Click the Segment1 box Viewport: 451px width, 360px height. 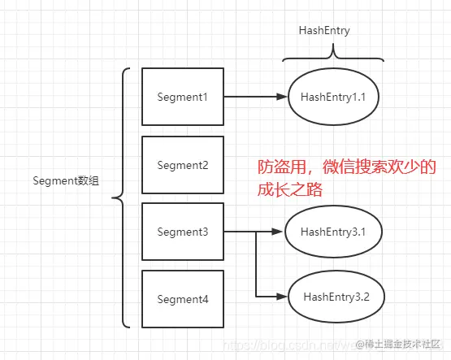[x=183, y=97]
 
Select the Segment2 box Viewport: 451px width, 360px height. [x=183, y=165]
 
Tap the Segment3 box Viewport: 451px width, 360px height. [x=183, y=232]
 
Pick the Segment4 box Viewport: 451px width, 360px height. [x=183, y=300]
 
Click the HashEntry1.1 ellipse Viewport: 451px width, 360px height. [x=334, y=97]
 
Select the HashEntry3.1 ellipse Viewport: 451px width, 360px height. [x=333, y=232]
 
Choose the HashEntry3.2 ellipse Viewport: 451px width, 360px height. [x=336, y=295]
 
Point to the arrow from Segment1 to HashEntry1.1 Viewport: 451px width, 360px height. [x=255, y=97]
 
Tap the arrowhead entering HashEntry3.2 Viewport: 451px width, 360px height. [x=283, y=295]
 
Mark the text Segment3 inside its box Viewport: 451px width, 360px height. [x=183, y=232]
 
